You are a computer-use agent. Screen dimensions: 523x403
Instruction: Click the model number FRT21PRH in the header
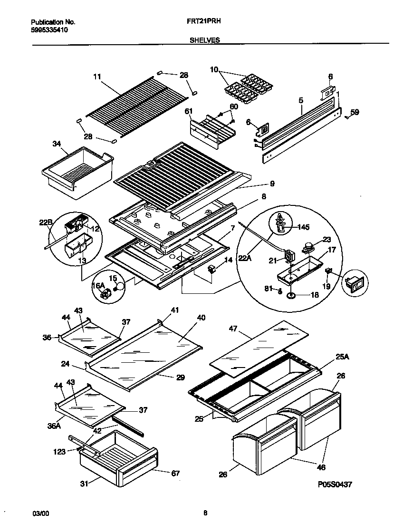(x=201, y=22)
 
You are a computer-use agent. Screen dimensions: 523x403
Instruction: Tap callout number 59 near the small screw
(x=355, y=113)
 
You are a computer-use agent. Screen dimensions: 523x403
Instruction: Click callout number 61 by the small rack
(x=189, y=111)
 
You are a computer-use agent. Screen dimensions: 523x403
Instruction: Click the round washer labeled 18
(x=291, y=296)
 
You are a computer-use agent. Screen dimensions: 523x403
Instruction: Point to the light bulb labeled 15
(x=121, y=286)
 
